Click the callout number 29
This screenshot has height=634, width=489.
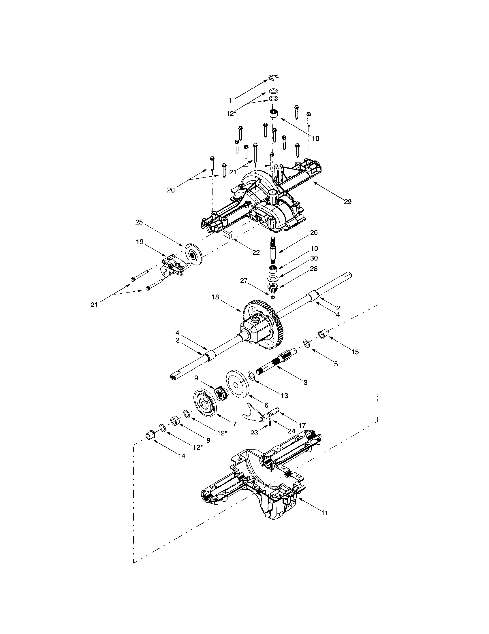pos(348,201)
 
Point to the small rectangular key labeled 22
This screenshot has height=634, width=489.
pos(227,234)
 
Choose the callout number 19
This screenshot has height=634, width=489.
pos(140,241)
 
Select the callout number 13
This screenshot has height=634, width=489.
pos(285,395)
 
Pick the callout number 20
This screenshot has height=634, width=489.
pos(171,190)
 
